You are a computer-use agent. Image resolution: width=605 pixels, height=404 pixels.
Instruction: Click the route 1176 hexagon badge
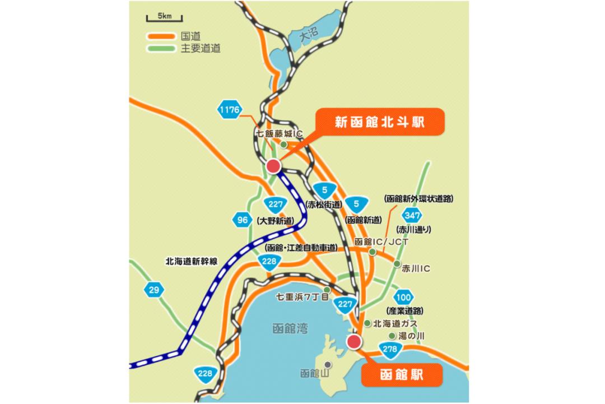click(x=230, y=110)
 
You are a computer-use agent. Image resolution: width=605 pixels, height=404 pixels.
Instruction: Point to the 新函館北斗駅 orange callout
click(x=379, y=122)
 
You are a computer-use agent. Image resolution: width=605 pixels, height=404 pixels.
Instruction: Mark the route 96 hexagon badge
click(x=242, y=220)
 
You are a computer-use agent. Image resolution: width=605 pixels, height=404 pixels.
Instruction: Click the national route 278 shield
click(x=390, y=350)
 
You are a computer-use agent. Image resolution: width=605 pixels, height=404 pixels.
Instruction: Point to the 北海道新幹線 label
click(x=192, y=261)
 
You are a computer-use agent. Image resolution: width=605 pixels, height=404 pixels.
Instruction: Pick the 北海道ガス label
click(x=395, y=324)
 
